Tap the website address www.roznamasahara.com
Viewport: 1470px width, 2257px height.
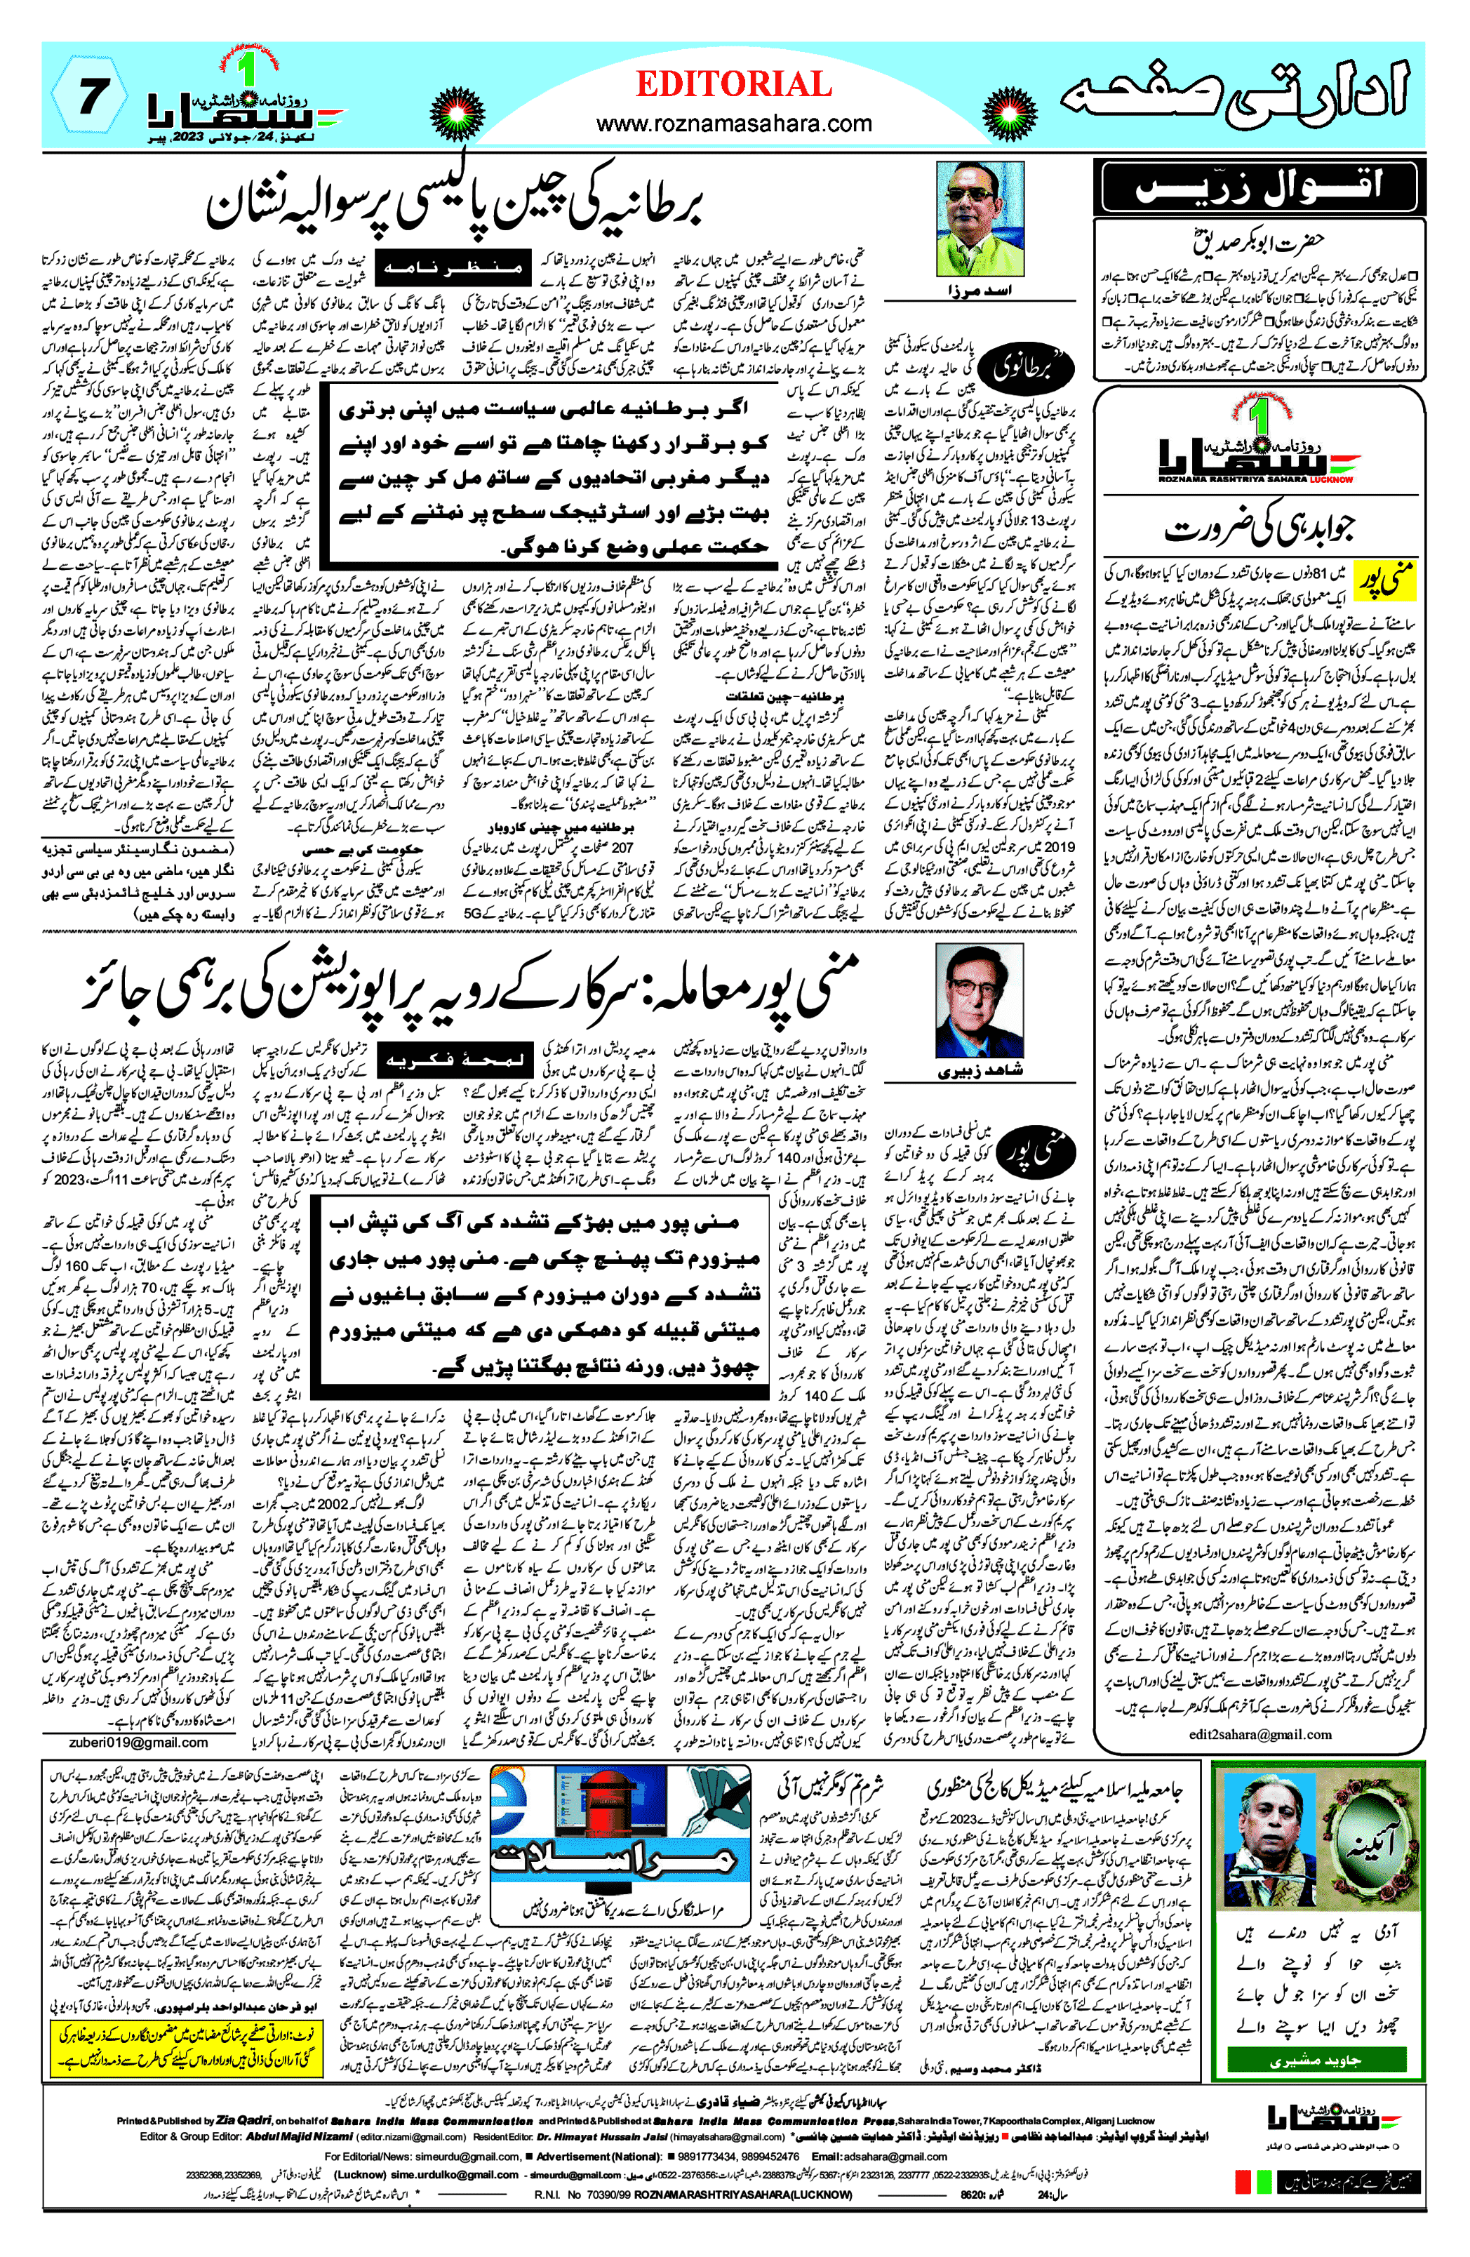(733, 124)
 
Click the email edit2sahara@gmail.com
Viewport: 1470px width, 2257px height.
(1259, 1733)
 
